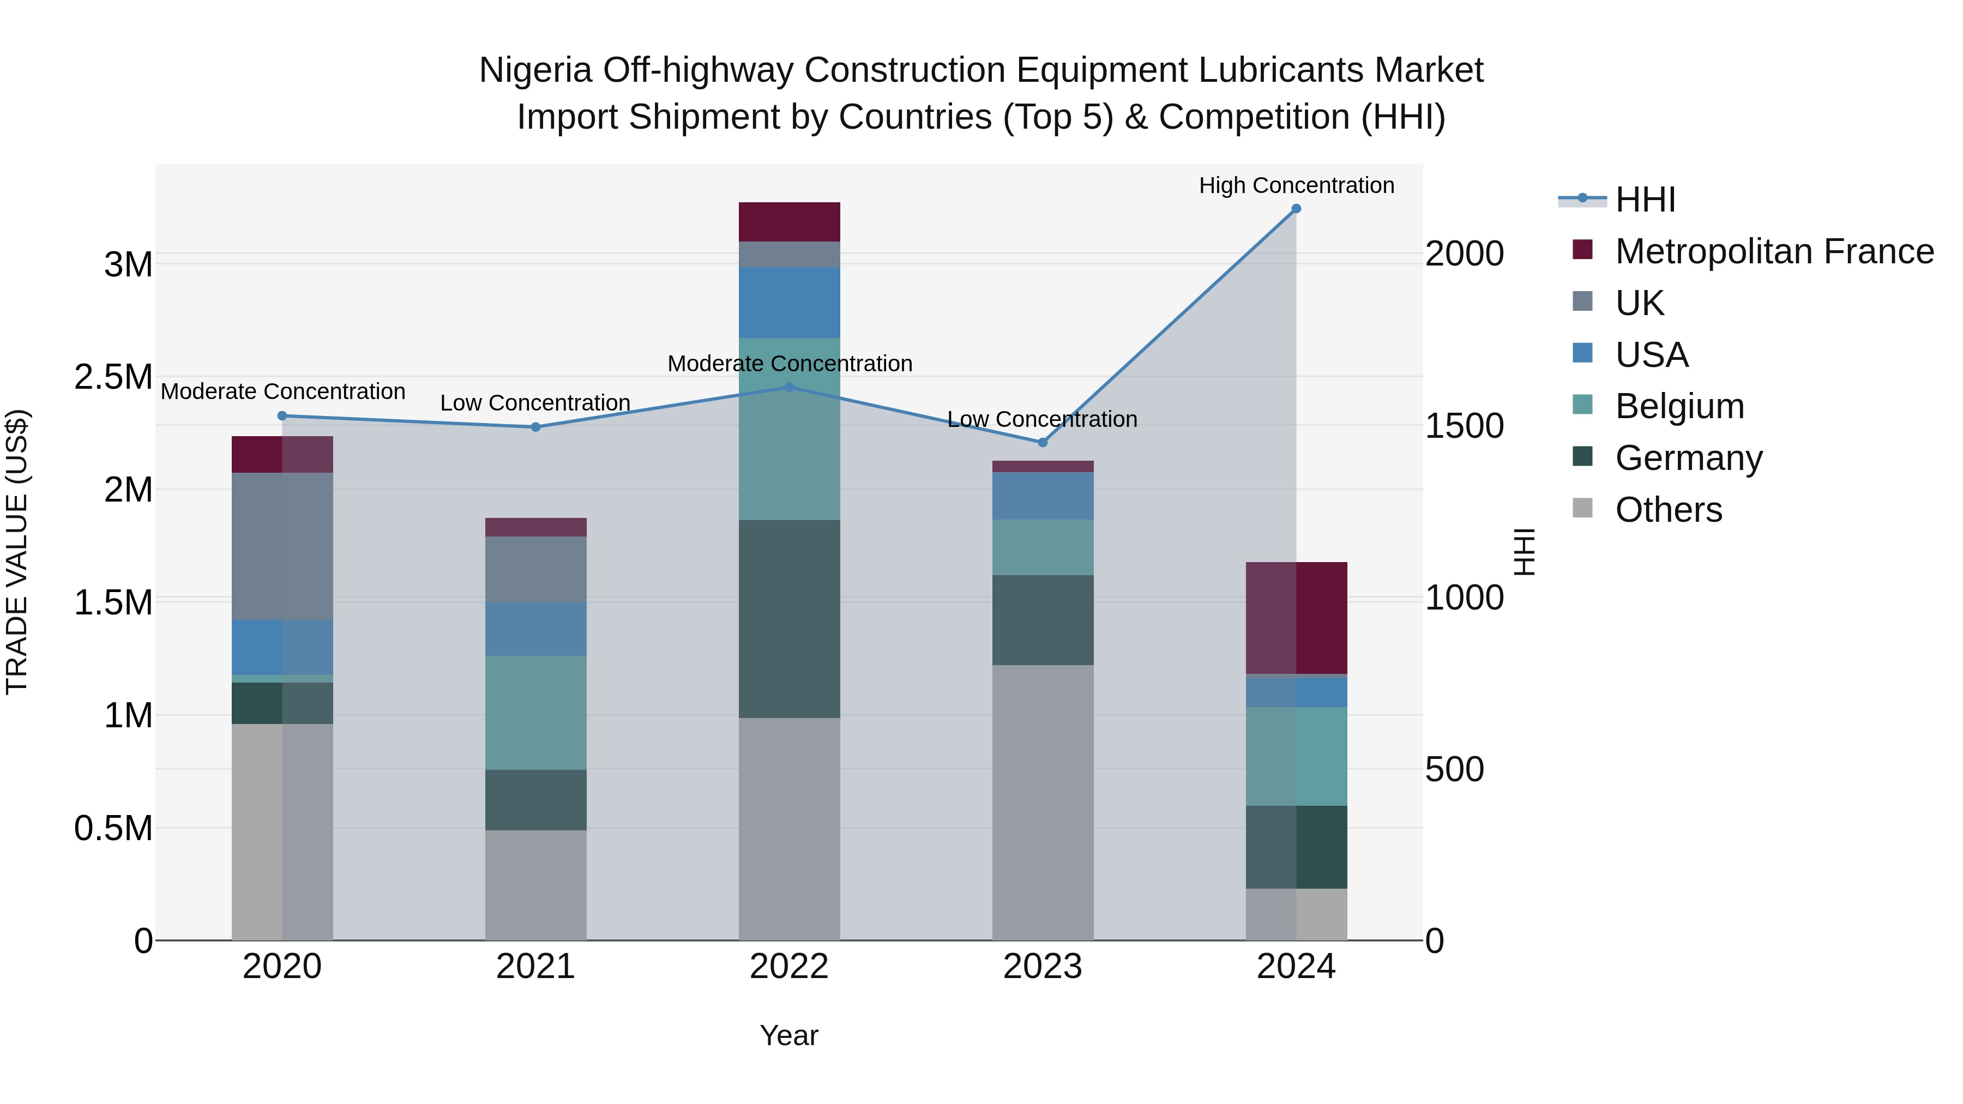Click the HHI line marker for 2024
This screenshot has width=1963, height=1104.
point(1296,209)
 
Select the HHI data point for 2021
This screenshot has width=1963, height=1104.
point(535,427)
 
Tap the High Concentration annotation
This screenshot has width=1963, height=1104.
point(1296,186)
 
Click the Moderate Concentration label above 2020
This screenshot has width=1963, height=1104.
point(282,391)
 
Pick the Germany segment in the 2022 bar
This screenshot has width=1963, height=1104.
point(790,619)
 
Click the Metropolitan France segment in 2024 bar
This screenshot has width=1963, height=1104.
point(1296,618)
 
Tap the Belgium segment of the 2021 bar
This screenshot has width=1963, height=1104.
point(535,713)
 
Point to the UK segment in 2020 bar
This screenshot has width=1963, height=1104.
point(282,546)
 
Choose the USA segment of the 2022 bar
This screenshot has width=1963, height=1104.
point(790,303)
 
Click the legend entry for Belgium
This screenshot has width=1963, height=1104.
point(1679,406)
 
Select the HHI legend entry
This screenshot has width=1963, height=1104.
point(1645,200)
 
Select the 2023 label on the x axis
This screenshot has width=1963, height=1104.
point(1043,967)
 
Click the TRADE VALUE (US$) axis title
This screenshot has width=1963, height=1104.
point(17,552)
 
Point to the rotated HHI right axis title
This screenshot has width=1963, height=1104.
point(1524,552)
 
